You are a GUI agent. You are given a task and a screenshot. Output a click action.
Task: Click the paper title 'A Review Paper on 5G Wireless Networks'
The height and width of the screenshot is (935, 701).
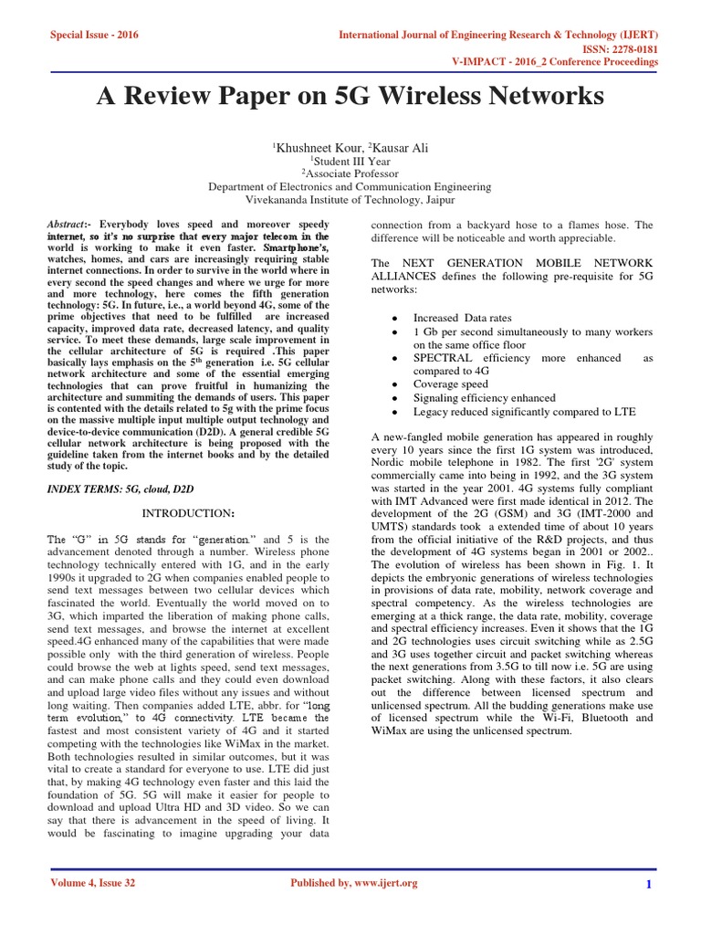[350, 97]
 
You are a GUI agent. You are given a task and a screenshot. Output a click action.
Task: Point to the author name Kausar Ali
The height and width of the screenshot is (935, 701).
[392, 147]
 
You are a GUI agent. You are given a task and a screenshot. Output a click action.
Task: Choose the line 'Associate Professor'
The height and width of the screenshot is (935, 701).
[350, 173]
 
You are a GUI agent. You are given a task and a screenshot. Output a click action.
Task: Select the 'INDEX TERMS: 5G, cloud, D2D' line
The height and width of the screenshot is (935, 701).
[120, 490]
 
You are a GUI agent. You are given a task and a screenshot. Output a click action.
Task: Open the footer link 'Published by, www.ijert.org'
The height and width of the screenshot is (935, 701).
[353, 883]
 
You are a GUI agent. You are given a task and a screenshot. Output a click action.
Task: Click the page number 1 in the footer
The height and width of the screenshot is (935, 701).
[647, 884]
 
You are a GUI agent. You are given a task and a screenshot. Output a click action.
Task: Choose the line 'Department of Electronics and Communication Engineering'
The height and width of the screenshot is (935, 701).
[350, 187]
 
